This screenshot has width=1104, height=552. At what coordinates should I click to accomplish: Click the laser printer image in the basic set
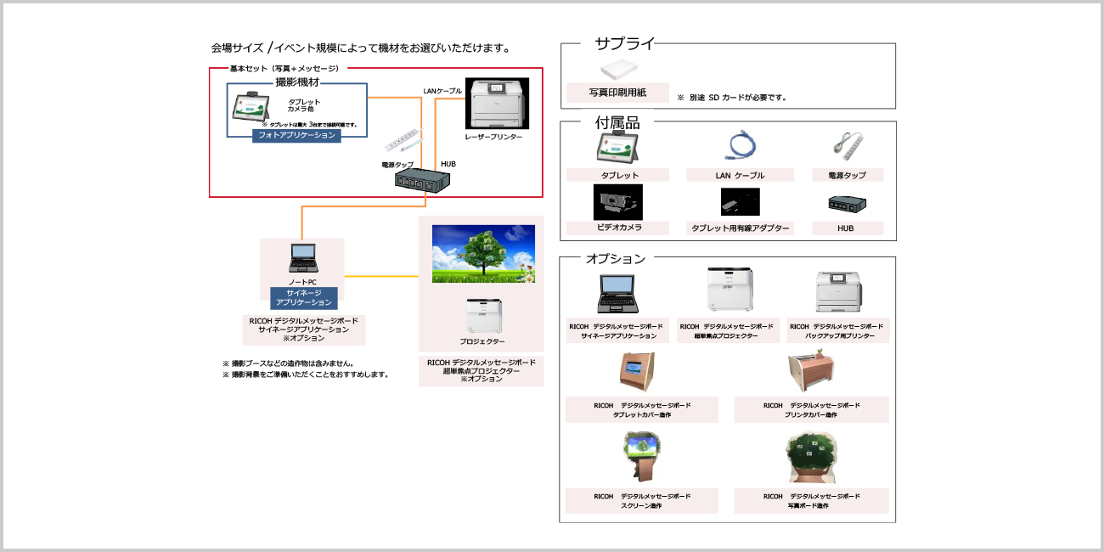497,103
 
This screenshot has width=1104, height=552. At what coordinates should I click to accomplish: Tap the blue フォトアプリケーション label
296,135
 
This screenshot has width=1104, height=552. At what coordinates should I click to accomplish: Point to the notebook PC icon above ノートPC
302,258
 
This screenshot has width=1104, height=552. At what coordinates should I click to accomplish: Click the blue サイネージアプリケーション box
303,297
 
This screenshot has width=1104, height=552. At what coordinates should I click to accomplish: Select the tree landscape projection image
482,253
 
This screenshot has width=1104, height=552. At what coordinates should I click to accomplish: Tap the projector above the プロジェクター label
483,316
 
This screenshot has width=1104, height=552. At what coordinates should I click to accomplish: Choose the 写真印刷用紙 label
617,93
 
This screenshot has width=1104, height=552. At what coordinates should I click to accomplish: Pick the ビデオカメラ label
617,228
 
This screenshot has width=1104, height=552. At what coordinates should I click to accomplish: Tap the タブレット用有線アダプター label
740,228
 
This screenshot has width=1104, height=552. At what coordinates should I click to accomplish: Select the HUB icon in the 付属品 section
845,204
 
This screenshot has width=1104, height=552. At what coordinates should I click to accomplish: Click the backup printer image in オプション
838,293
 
